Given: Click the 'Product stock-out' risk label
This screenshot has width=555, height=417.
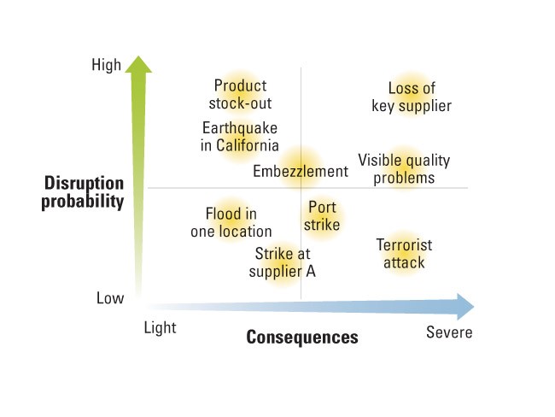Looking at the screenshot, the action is (240, 95).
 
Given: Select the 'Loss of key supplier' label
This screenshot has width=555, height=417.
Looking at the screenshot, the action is (412, 97).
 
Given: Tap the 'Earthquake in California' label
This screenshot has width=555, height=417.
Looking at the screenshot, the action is (240, 137).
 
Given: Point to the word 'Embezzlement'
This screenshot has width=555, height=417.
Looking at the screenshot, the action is (301, 172).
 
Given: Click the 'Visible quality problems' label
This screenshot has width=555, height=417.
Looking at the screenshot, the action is (404, 169).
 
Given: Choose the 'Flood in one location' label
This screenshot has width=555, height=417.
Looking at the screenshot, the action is (231, 222).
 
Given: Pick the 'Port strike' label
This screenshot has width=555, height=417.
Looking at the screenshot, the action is (322, 215).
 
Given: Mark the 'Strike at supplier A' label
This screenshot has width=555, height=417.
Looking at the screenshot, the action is (282, 262).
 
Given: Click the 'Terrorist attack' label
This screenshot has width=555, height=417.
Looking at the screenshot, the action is (404, 254).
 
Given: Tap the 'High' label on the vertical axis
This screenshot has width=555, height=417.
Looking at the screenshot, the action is (106, 65).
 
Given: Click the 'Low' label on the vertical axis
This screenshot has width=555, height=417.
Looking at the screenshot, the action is (110, 298).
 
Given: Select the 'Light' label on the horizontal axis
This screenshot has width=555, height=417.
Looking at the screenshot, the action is (160, 328).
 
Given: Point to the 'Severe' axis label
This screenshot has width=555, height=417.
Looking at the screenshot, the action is (449, 332).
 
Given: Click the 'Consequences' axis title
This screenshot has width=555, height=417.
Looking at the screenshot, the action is (302, 337).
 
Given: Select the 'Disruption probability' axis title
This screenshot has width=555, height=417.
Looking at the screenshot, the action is (83, 192).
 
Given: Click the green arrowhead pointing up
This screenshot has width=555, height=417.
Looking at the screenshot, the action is (138, 64).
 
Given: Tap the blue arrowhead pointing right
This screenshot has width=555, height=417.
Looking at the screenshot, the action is (465, 307).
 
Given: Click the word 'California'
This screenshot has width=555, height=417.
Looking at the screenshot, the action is (248, 145).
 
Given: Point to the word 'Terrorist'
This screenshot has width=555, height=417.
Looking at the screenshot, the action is (404, 244).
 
